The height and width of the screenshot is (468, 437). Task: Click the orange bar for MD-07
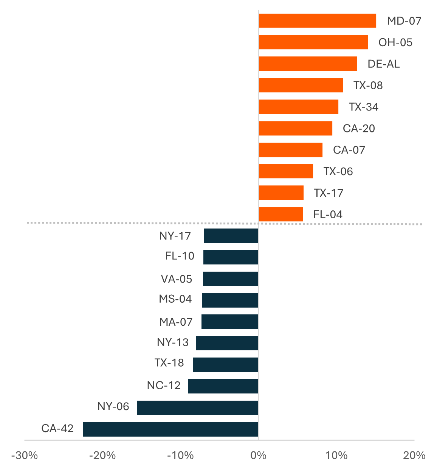coord(317,21)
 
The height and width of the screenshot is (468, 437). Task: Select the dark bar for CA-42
coord(170,429)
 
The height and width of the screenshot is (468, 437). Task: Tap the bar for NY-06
coord(197,408)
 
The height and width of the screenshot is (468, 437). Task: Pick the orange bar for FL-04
coord(280,214)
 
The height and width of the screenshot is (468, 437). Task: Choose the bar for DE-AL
coord(308,64)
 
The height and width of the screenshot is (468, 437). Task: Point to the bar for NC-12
coord(223,386)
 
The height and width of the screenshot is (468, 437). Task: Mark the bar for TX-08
coord(301,85)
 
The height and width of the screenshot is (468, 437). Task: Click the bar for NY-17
coord(231,236)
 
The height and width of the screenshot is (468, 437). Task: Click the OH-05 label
coord(395,42)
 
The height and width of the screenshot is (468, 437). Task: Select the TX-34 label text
coord(364,107)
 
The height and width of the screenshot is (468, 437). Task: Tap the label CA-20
coord(359,129)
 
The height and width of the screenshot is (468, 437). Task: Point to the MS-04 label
coord(175,299)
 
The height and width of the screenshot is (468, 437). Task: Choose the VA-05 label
coord(177,279)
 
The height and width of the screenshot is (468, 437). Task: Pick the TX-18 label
coord(169,363)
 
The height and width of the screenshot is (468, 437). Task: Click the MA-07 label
coord(176,322)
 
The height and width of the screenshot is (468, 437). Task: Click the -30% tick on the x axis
coord(25,456)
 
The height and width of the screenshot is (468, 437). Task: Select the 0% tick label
coord(259,456)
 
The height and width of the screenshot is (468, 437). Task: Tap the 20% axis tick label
coord(414,456)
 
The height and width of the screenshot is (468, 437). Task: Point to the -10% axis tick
coord(180,456)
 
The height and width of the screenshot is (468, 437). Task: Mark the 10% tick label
coord(336,456)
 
